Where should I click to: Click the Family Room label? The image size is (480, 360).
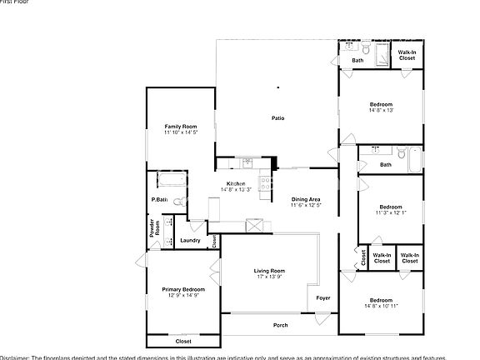[x=180, y=126]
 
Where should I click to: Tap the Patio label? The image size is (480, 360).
[x=278, y=118]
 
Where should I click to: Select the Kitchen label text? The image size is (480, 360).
[x=236, y=183]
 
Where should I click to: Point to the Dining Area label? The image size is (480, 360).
[x=306, y=199]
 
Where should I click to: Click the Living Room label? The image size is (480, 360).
[x=269, y=271]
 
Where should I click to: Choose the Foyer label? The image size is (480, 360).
[x=322, y=297]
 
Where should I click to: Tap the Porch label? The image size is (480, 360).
[x=281, y=325]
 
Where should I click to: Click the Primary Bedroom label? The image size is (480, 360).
[x=182, y=288]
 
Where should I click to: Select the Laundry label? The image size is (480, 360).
[x=190, y=241]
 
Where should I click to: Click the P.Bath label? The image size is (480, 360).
[x=159, y=199]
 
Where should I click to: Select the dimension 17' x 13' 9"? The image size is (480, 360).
[x=269, y=277]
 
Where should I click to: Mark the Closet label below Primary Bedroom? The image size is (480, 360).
[x=182, y=341]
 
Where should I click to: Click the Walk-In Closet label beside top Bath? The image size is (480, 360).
[x=407, y=56]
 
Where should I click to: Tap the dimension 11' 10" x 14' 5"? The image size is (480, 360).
[x=180, y=132]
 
